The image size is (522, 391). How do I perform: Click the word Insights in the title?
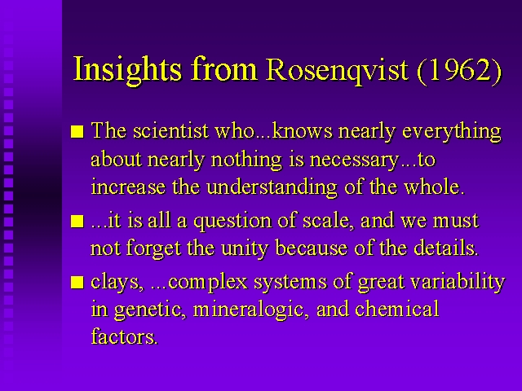coord(127,70)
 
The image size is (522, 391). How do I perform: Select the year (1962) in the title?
coord(459,71)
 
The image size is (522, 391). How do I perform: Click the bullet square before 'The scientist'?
coord(77,131)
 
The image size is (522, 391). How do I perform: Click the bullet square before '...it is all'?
coord(77,221)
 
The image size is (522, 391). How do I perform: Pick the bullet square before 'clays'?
coord(77,283)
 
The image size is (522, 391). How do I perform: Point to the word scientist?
coord(170,130)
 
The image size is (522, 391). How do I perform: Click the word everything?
coord(452,132)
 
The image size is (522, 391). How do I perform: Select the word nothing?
coord(246,160)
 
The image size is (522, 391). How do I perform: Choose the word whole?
coord(434,187)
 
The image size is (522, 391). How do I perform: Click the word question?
coord(232,222)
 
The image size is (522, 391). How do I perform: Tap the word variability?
coord(458,283)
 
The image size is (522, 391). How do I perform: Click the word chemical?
coord(397,309)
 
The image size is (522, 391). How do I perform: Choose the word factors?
coord(124,336)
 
